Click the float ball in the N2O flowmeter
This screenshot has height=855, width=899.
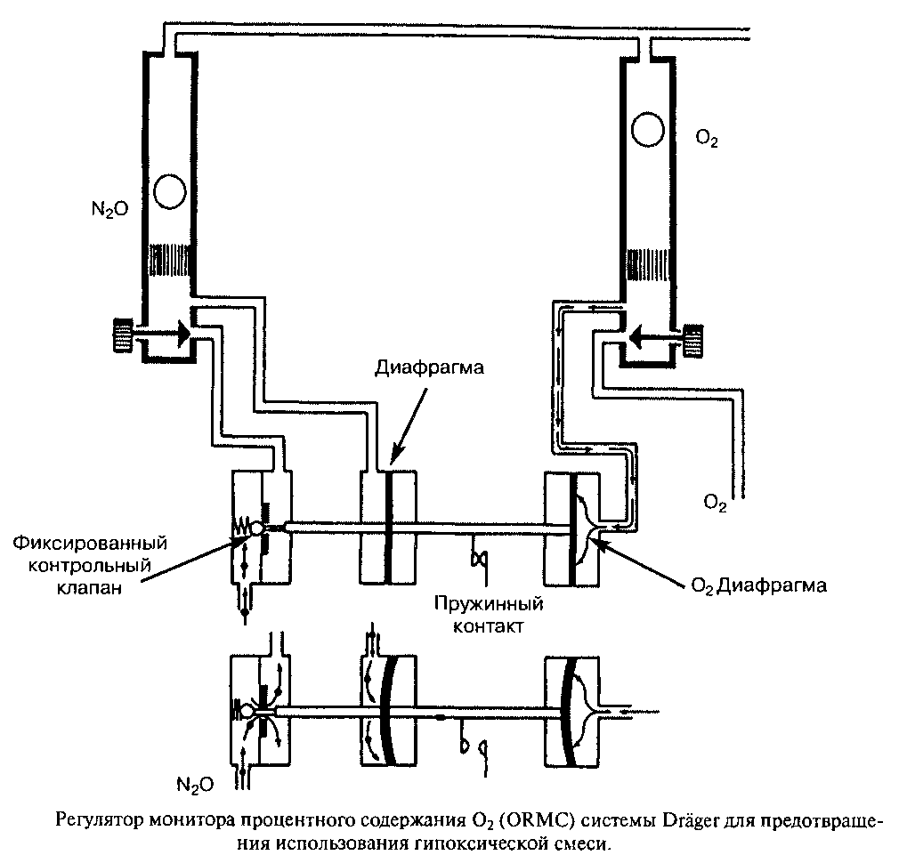(170, 190)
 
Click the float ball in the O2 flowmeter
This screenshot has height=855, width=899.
(647, 130)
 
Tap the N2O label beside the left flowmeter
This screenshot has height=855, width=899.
(110, 210)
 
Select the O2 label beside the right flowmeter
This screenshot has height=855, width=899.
(707, 139)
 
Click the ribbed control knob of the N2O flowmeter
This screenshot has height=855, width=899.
(122, 334)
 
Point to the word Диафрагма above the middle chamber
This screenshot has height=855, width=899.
(429, 367)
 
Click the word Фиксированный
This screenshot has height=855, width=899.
(90, 542)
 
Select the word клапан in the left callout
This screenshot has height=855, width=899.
(89, 587)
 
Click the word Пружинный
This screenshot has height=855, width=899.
(489, 604)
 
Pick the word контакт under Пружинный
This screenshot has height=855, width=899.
(489, 625)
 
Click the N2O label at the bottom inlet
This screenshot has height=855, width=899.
(195, 785)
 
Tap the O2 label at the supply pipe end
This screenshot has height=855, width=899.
(715, 503)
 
